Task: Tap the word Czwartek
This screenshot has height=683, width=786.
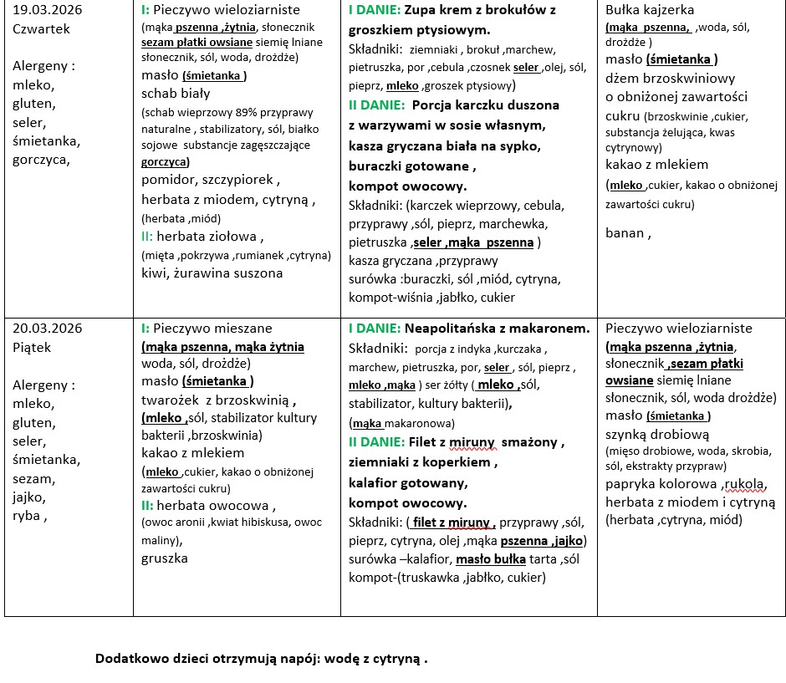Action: click(x=42, y=28)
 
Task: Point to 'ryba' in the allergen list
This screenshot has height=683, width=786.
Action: click(x=28, y=516)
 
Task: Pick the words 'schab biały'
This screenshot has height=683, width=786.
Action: click(x=175, y=93)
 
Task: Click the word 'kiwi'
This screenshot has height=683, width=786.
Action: click(x=154, y=273)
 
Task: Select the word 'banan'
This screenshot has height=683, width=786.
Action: click(x=625, y=232)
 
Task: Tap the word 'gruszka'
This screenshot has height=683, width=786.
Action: click(x=165, y=558)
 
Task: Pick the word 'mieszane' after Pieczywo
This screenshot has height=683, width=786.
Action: click(x=243, y=328)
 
